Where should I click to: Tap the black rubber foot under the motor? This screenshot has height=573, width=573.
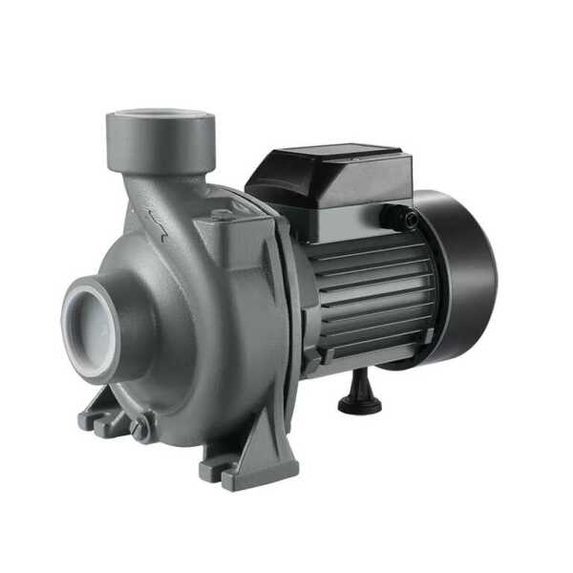click(x=359, y=395)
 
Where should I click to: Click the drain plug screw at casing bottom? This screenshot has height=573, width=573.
click(x=141, y=429)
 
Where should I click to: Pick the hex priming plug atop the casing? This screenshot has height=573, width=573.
click(x=223, y=216)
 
